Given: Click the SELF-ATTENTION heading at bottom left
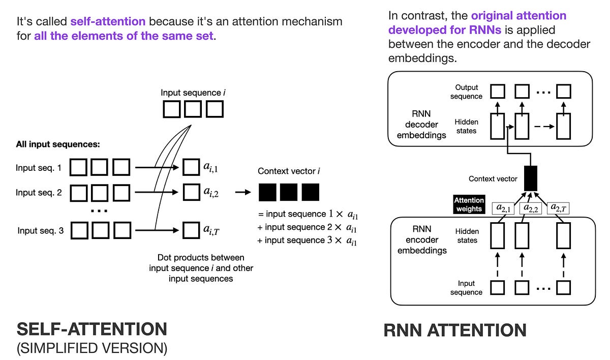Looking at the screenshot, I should coord(92,329).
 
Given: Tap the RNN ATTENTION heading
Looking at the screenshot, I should coord(455,331).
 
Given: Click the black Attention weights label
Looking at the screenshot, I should coord(469,204).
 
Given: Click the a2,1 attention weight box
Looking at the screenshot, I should coord(504,208).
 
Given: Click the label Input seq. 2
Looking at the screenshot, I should coord(39,192).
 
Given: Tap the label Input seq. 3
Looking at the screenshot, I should coord(40,231).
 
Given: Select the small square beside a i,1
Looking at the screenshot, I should coord(191,166).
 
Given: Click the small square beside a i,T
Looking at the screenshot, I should coord(191,231).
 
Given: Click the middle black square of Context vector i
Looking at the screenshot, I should coord(289,192).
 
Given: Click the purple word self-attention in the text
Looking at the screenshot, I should coord(108,22).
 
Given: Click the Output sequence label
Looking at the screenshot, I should coord(466,92).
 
